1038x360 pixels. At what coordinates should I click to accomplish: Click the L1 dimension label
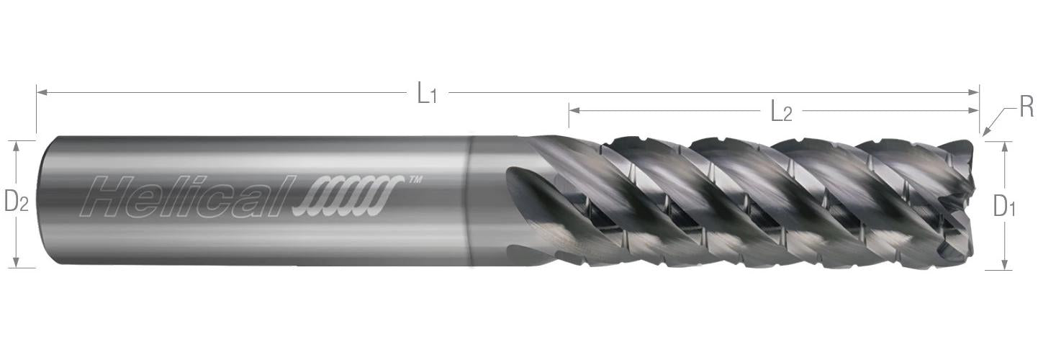(426, 93)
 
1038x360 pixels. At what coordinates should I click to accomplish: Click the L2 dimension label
(781, 112)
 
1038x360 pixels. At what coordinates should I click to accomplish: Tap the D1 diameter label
(1004, 206)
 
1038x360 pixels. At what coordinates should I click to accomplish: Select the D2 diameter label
(17, 202)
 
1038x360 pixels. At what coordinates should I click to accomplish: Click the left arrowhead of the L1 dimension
(42, 93)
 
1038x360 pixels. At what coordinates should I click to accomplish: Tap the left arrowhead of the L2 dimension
(574, 110)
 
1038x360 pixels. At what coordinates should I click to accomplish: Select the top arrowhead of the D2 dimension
(17, 146)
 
